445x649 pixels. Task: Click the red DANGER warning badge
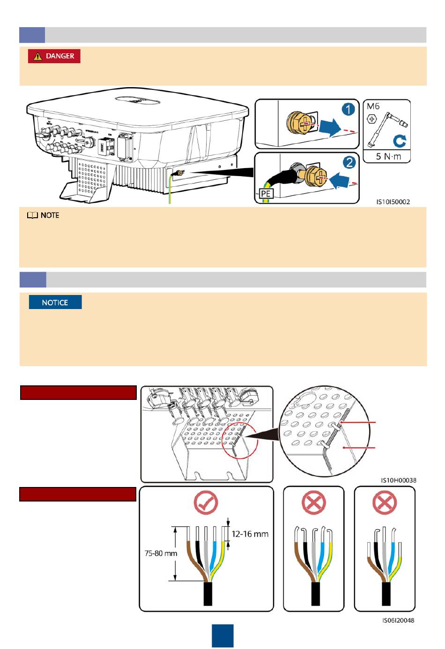click(54, 56)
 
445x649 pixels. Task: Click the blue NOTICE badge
click(55, 302)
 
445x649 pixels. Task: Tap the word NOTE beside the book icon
click(50, 215)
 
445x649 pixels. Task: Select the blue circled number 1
click(348, 110)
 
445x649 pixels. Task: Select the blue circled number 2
click(349, 162)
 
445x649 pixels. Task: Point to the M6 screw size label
click(373, 106)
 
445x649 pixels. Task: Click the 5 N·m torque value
click(388, 156)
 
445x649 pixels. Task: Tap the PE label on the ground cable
click(266, 193)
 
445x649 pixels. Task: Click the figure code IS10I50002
click(393, 202)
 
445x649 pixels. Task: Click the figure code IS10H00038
click(398, 480)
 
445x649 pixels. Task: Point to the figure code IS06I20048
click(398, 620)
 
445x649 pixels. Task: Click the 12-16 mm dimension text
click(250, 534)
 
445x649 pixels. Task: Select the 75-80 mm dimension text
click(161, 553)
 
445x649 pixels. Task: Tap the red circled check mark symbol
click(206, 504)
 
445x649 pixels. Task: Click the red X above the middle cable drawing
click(314, 504)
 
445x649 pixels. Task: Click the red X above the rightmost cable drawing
click(384, 504)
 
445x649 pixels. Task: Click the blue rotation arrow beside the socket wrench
click(400, 141)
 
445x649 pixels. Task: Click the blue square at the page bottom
click(222, 636)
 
